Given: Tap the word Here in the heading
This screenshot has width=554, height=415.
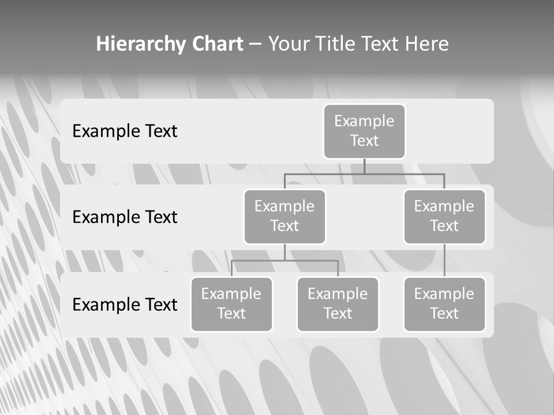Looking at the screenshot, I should click(426, 44).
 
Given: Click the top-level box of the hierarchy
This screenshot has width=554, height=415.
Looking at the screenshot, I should click(364, 131).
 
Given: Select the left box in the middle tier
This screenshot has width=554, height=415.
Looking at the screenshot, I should click(285, 216).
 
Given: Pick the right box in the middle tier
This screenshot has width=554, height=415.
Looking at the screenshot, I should click(444, 216).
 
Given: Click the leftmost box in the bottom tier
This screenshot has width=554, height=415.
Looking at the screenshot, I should click(231, 304).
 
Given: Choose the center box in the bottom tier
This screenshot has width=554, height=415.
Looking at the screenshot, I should click(338, 304).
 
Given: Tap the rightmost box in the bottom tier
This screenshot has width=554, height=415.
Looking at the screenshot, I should click(444, 304).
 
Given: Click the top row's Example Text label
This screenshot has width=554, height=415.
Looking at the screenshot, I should click(125, 131).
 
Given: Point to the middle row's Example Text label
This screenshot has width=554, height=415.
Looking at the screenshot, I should click(125, 217).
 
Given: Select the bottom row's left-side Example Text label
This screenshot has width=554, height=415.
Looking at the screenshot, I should click(125, 305).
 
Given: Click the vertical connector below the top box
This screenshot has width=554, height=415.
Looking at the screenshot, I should click(364, 166).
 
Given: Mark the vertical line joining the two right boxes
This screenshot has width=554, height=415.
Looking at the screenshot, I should click(444, 261).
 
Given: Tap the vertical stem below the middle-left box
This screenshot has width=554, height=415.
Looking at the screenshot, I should click(285, 252).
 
